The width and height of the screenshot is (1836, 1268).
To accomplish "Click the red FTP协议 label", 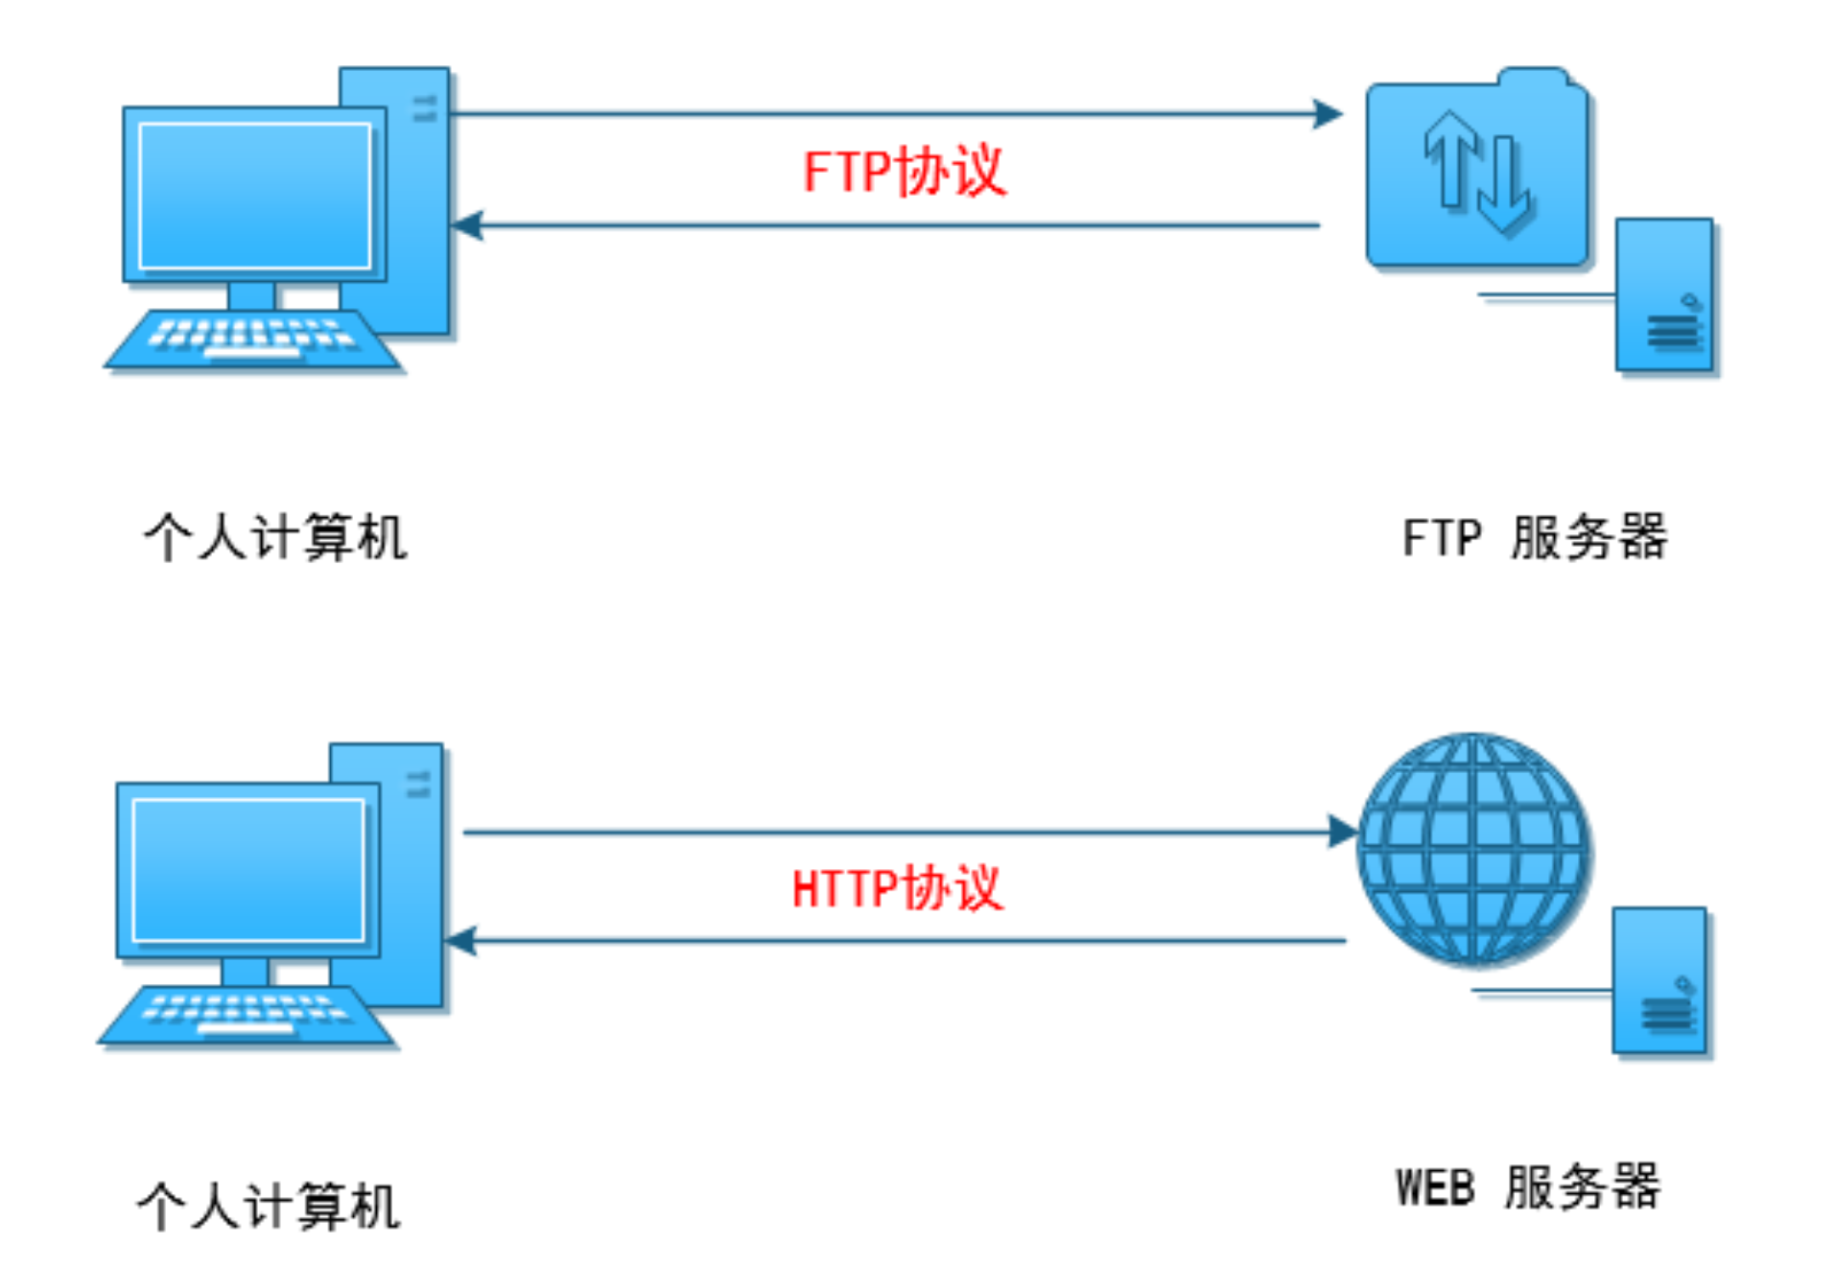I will (904, 173).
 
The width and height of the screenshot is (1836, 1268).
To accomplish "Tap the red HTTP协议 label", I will (897, 888).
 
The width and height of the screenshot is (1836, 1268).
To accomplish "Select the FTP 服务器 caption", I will (1534, 537).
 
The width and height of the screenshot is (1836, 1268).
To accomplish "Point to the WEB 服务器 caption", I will (1527, 1187).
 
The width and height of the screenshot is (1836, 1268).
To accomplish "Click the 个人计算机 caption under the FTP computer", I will (275, 537).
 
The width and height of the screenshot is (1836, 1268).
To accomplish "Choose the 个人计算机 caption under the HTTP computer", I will (269, 1206).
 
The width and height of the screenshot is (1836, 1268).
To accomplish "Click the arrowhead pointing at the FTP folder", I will (1329, 114).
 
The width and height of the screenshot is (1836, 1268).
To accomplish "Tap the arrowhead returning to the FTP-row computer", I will (467, 225).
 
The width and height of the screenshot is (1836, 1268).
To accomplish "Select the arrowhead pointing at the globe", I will (1343, 832).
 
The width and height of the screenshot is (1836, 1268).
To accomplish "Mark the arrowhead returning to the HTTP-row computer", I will (461, 941).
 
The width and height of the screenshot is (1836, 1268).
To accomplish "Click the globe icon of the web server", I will (1473, 849).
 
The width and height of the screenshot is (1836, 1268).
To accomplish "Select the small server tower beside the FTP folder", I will (1663, 294).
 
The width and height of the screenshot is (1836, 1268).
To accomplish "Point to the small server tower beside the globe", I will (1659, 980).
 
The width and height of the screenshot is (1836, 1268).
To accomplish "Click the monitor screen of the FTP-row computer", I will (255, 197).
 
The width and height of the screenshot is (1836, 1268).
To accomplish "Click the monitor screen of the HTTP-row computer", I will (248, 871).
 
